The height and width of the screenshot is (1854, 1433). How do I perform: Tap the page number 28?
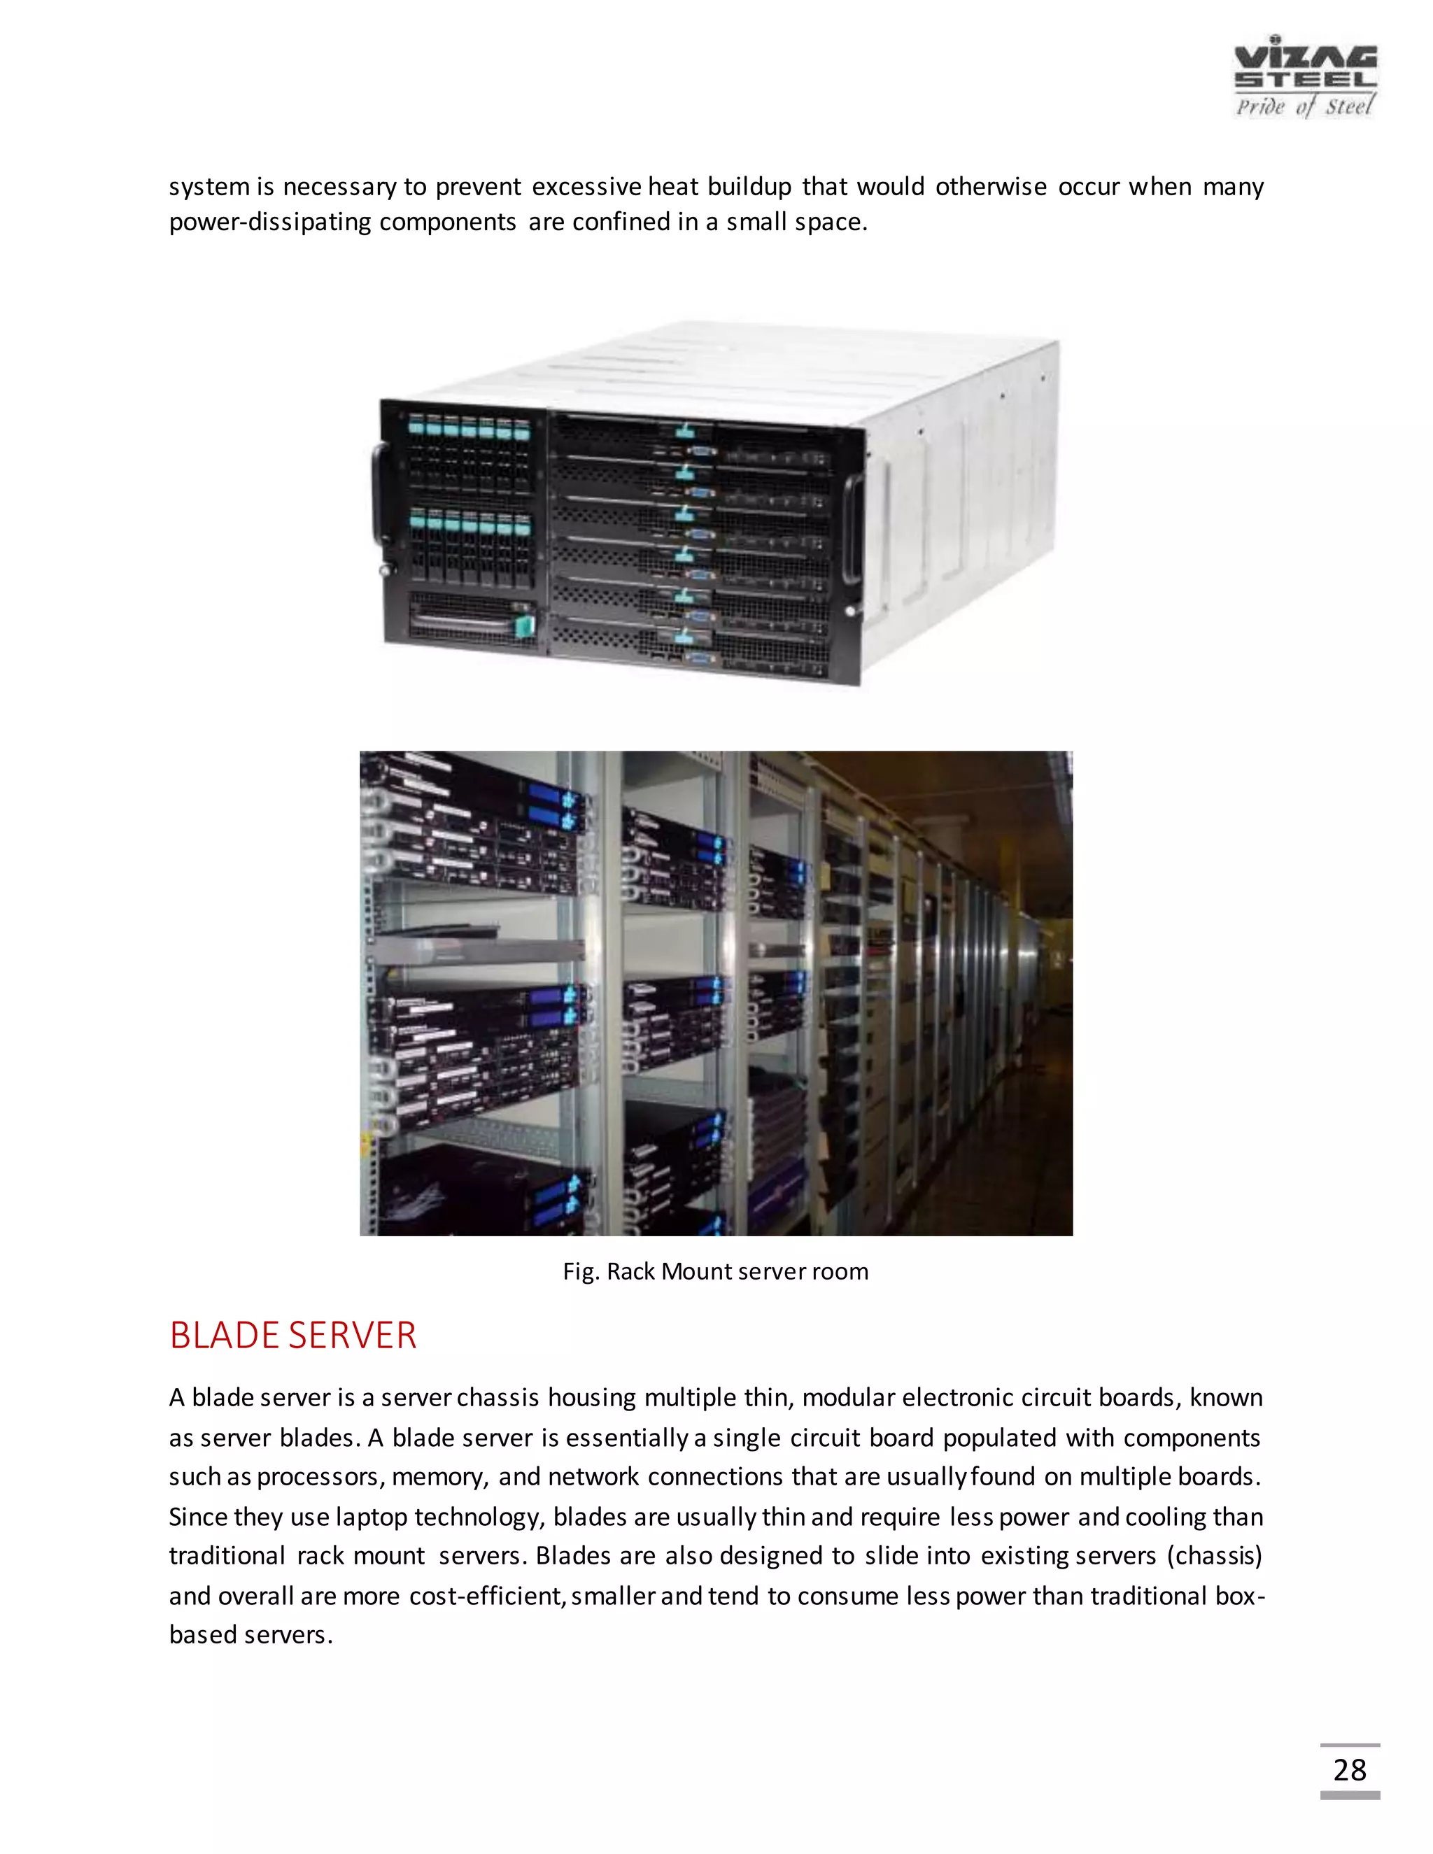click(x=1349, y=1770)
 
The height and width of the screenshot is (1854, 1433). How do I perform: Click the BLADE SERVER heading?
click(x=293, y=1336)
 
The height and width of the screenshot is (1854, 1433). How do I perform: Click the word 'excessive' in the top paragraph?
click(x=586, y=186)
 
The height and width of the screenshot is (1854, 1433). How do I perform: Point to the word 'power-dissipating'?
click(x=270, y=222)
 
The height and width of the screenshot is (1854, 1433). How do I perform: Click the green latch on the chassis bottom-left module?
click(x=524, y=625)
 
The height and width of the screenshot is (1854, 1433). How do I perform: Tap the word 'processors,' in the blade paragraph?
click(x=321, y=1477)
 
